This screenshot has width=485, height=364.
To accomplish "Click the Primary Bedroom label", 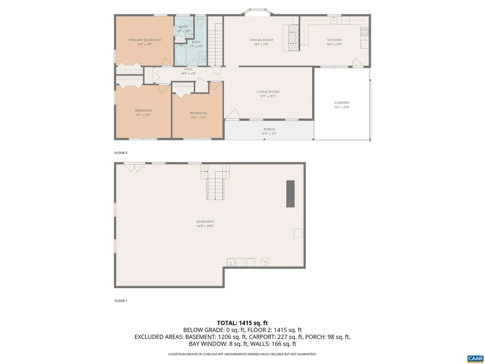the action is [144, 40].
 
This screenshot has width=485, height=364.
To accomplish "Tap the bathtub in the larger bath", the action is [180, 55].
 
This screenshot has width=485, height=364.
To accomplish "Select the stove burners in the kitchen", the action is [365, 32].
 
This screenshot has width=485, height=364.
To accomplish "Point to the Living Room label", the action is [268, 91].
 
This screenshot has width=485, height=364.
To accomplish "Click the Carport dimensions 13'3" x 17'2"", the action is [341, 108].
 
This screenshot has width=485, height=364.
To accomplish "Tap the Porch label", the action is [269, 129].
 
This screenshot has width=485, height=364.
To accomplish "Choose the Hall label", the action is [189, 69].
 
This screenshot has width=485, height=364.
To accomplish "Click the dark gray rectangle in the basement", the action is [290, 193].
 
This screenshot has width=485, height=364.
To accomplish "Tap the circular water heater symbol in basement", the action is [265, 261].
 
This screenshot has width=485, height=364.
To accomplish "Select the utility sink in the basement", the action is [231, 262].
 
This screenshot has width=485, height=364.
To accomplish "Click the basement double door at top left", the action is [135, 167].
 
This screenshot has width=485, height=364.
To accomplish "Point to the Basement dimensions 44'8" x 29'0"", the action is [205, 226].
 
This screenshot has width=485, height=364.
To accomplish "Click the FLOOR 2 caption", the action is [121, 153].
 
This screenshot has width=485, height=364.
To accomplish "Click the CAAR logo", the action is [474, 358].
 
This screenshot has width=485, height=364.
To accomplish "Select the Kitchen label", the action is [334, 40].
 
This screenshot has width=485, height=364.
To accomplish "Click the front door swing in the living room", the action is [232, 114].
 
